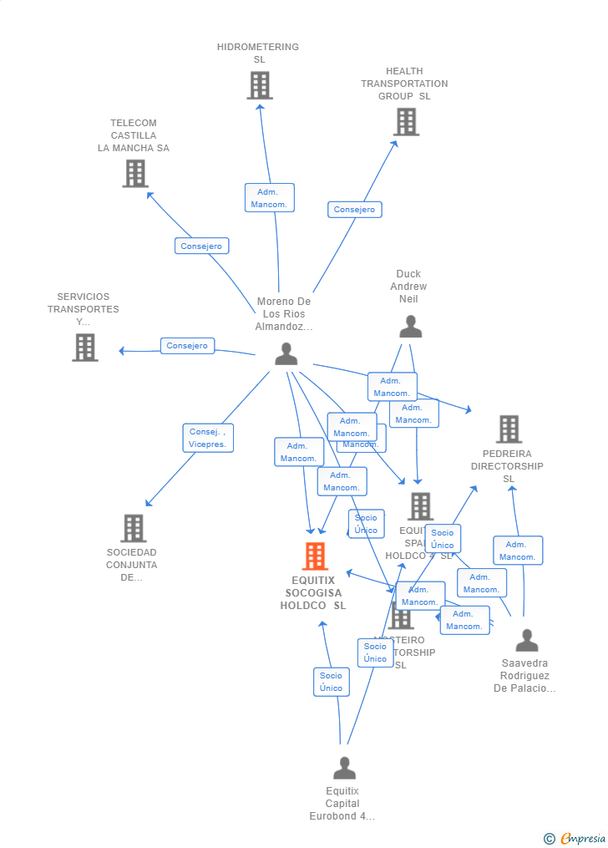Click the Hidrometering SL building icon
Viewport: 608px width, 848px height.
[x=260, y=85]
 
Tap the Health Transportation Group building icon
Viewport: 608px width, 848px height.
[x=406, y=122]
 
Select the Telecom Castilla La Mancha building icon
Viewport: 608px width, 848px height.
[x=135, y=174]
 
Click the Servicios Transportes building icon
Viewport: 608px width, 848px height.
[x=85, y=348]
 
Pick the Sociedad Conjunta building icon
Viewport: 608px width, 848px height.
[x=134, y=528]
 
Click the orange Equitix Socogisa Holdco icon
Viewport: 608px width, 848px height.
[x=315, y=556]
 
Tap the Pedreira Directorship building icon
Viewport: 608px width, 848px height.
[x=509, y=429]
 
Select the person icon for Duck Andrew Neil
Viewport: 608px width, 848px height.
[x=410, y=327]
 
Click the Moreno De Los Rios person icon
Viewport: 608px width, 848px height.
[x=286, y=354]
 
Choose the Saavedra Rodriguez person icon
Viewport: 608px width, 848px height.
[x=526, y=641]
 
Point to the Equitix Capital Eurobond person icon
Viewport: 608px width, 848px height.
[x=344, y=768]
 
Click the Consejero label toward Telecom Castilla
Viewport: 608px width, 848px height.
[x=201, y=246]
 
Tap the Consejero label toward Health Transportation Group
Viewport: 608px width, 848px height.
[x=354, y=210]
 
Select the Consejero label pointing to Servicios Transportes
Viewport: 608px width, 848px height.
[x=187, y=346]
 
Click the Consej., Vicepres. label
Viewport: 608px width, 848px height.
[x=208, y=438]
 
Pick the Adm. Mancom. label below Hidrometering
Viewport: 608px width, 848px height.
[x=269, y=198]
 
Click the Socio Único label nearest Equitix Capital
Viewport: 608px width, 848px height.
[x=331, y=682]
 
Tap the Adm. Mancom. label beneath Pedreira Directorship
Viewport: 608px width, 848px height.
[x=518, y=551]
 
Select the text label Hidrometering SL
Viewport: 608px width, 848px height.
[x=258, y=53]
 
